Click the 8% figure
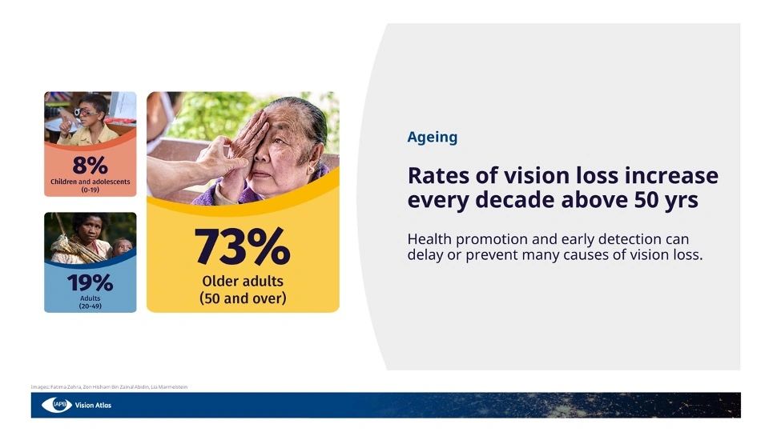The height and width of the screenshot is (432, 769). [x=90, y=166]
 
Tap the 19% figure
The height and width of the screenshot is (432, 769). [x=90, y=282]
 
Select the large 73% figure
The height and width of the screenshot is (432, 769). [x=242, y=247]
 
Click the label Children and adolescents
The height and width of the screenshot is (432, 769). [x=90, y=182]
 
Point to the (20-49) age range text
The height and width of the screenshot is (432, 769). [x=90, y=306]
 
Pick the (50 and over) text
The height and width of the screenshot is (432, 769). [x=242, y=298]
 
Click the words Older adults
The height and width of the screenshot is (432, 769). [x=242, y=282]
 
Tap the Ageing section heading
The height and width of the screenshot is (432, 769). [x=432, y=137]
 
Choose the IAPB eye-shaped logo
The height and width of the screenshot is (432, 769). [x=57, y=405]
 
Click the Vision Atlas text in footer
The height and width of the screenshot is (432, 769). [x=93, y=405]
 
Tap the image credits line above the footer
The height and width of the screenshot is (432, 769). [x=109, y=386]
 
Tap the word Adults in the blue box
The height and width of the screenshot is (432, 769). [x=90, y=298]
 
